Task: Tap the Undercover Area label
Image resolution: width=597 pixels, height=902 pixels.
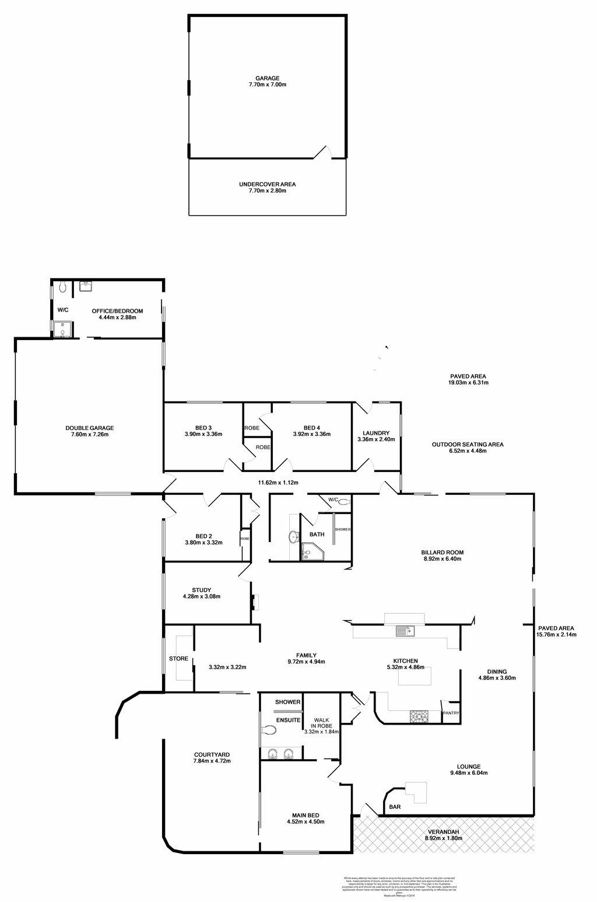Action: tap(267, 187)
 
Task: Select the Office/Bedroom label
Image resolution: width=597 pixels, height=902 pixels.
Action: tap(117, 314)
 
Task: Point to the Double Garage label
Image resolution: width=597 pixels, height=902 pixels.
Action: tap(89, 431)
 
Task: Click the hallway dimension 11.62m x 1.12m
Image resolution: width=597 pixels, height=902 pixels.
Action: tap(278, 483)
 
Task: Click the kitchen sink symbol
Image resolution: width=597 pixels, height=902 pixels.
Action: tap(403, 631)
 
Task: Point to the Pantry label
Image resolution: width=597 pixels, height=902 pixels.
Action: tap(451, 713)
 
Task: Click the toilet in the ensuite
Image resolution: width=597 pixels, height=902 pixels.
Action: tap(268, 730)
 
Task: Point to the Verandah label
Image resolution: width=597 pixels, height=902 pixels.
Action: tap(443, 834)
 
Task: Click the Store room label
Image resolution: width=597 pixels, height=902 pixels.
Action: tap(178, 659)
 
